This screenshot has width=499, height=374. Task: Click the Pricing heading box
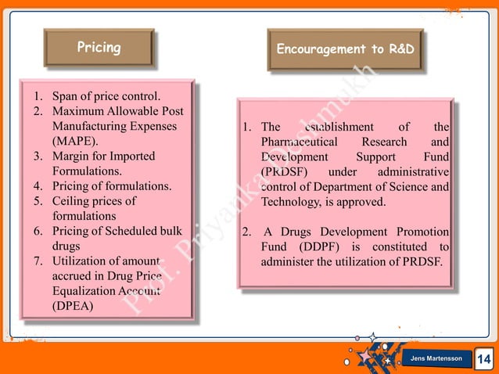click(99, 48)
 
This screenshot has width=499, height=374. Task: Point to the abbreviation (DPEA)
click(72, 306)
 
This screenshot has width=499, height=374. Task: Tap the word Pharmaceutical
click(300, 142)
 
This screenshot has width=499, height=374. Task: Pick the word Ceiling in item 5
click(73, 201)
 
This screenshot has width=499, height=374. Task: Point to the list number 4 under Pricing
click(37, 186)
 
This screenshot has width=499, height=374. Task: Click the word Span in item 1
click(64, 97)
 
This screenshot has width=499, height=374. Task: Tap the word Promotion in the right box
click(418, 232)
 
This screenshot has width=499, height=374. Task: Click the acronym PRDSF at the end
click(421, 261)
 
